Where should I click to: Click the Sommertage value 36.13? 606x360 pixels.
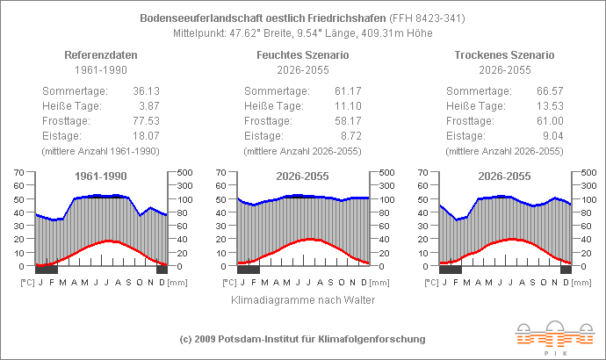point(144,90)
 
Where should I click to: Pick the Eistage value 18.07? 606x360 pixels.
point(144,135)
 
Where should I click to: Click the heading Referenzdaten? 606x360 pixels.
point(101,55)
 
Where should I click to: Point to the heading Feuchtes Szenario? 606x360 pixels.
point(303,55)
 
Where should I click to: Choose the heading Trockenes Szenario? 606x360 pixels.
point(505,55)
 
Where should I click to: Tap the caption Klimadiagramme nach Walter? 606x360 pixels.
point(303,300)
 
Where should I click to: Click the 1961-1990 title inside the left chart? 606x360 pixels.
point(101,176)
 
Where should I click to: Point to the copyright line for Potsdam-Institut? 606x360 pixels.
point(303,339)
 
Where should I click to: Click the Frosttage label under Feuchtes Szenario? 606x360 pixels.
point(269,120)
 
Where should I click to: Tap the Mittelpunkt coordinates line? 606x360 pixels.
point(303,33)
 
